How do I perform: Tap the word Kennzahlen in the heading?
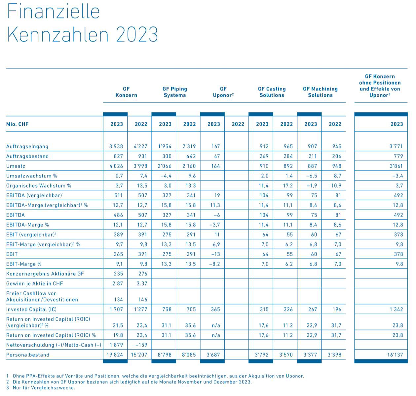(57, 34)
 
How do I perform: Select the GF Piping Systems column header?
(175, 92)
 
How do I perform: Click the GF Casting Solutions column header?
(272, 92)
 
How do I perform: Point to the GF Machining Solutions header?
(320, 92)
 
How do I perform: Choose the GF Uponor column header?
(223, 92)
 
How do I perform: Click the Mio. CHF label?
(17, 124)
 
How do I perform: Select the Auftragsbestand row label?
(27, 156)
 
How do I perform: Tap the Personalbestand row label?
(28, 355)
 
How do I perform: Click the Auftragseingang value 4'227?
(141, 146)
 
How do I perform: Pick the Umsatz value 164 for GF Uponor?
(215, 166)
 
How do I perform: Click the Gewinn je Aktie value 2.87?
(117, 284)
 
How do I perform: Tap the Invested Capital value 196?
(336, 310)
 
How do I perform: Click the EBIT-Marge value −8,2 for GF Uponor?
(214, 264)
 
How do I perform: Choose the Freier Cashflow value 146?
(142, 300)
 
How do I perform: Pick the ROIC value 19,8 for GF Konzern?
(118, 335)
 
